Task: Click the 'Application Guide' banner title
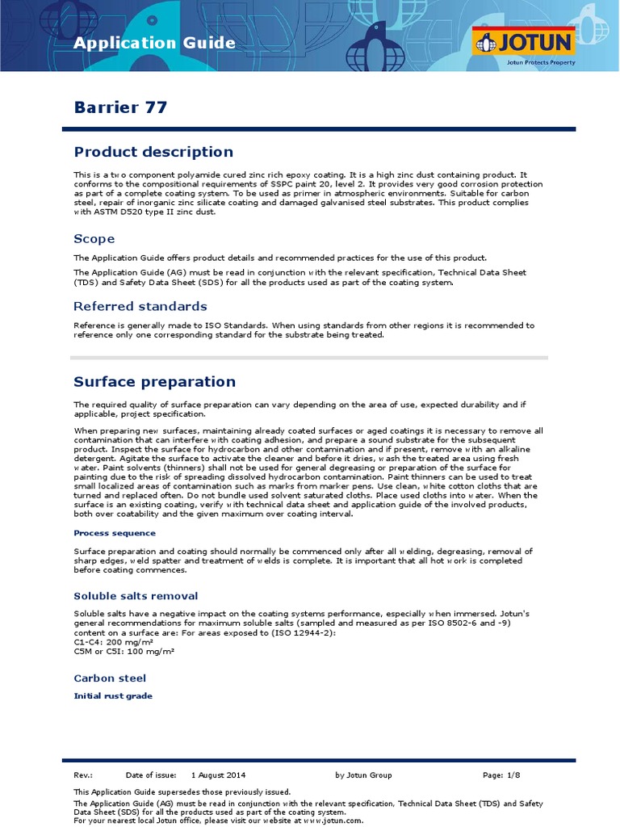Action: [x=155, y=44]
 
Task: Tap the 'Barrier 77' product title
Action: [x=120, y=107]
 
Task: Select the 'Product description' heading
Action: [x=153, y=152]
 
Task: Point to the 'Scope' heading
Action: [x=94, y=239]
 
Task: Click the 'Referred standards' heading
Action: [x=140, y=306]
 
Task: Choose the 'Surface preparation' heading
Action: [x=155, y=381]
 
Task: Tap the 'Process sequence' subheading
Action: [x=115, y=533]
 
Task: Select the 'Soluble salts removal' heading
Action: [x=136, y=596]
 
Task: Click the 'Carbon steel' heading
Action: [x=110, y=678]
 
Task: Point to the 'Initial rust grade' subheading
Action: [x=113, y=695]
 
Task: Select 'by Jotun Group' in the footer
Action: [x=363, y=775]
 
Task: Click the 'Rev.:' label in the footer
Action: [x=83, y=775]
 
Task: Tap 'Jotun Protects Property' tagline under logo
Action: [x=540, y=61]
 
